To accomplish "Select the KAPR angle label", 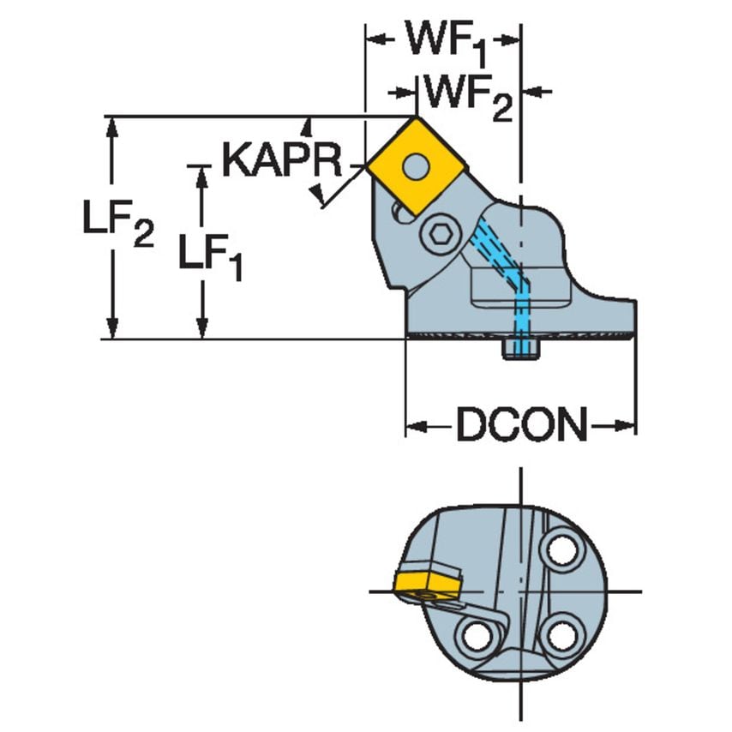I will click(x=281, y=160).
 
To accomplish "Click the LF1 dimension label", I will click(x=210, y=255).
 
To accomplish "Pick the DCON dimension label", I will click(x=521, y=425).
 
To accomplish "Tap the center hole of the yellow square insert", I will click(x=417, y=165).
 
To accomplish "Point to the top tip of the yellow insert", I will click(x=417, y=118).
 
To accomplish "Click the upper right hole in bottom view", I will click(x=562, y=549).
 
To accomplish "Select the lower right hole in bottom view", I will click(x=561, y=635).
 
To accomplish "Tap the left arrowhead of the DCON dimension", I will click(x=414, y=425).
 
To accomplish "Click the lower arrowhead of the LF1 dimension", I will click(x=202, y=330).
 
